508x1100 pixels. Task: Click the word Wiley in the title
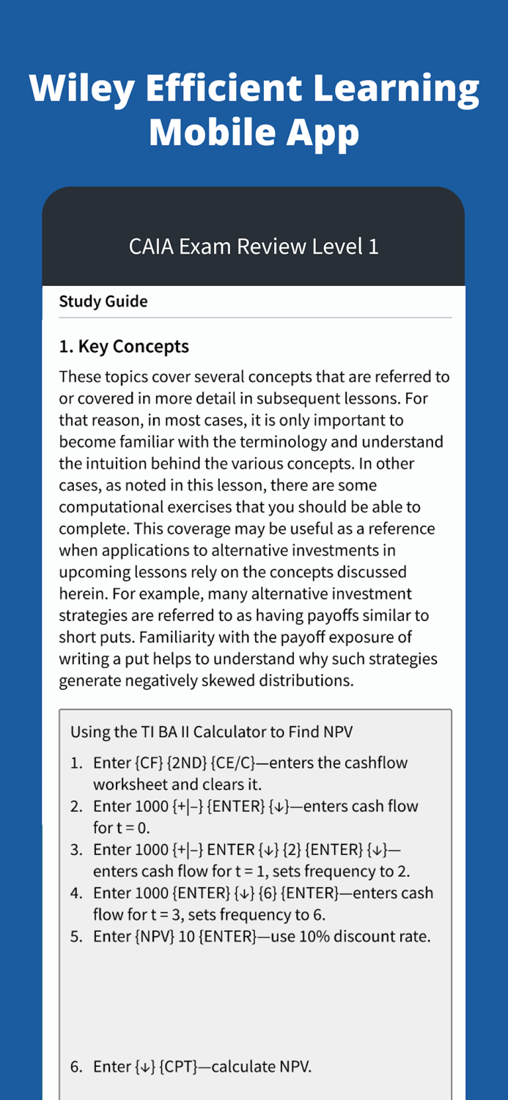[81, 89]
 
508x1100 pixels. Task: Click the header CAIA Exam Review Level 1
[254, 246]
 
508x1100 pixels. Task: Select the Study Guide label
[103, 301]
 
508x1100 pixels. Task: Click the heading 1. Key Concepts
[124, 346]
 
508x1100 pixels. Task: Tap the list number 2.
[76, 807]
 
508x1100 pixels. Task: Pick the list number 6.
[76, 1066]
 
